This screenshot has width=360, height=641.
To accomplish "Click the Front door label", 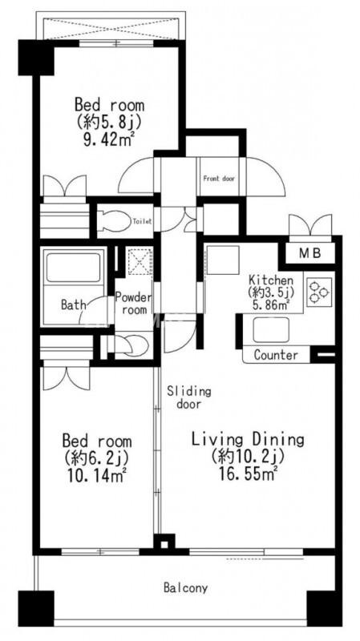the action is (x=219, y=179).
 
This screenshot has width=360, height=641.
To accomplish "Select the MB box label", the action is (x=312, y=254).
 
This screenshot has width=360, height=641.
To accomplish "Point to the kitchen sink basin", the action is (x=271, y=330).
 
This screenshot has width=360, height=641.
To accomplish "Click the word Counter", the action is (x=276, y=355).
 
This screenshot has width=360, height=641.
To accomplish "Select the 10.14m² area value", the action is (x=94, y=475).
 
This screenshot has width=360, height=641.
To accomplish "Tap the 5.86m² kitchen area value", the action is (x=271, y=304).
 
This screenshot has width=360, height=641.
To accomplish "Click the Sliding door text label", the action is (x=189, y=397).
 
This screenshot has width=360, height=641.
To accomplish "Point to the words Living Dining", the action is (x=249, y=440).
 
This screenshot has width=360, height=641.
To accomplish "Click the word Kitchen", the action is (x=271, y=281).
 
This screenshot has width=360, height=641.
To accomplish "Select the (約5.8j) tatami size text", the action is (x=108, y=123).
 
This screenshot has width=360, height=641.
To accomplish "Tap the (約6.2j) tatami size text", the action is (x=96, y=458).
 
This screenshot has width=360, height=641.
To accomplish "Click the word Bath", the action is (x=74, y=304).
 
